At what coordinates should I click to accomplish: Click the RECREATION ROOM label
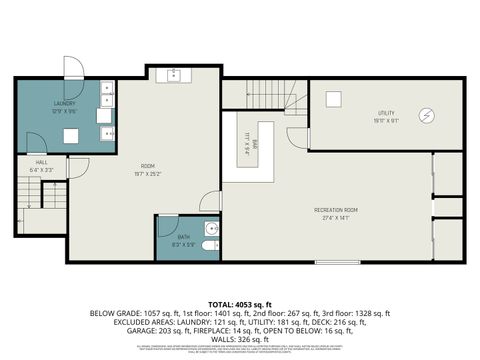point(336,209)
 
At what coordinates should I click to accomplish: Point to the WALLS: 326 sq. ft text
point(240,339)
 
